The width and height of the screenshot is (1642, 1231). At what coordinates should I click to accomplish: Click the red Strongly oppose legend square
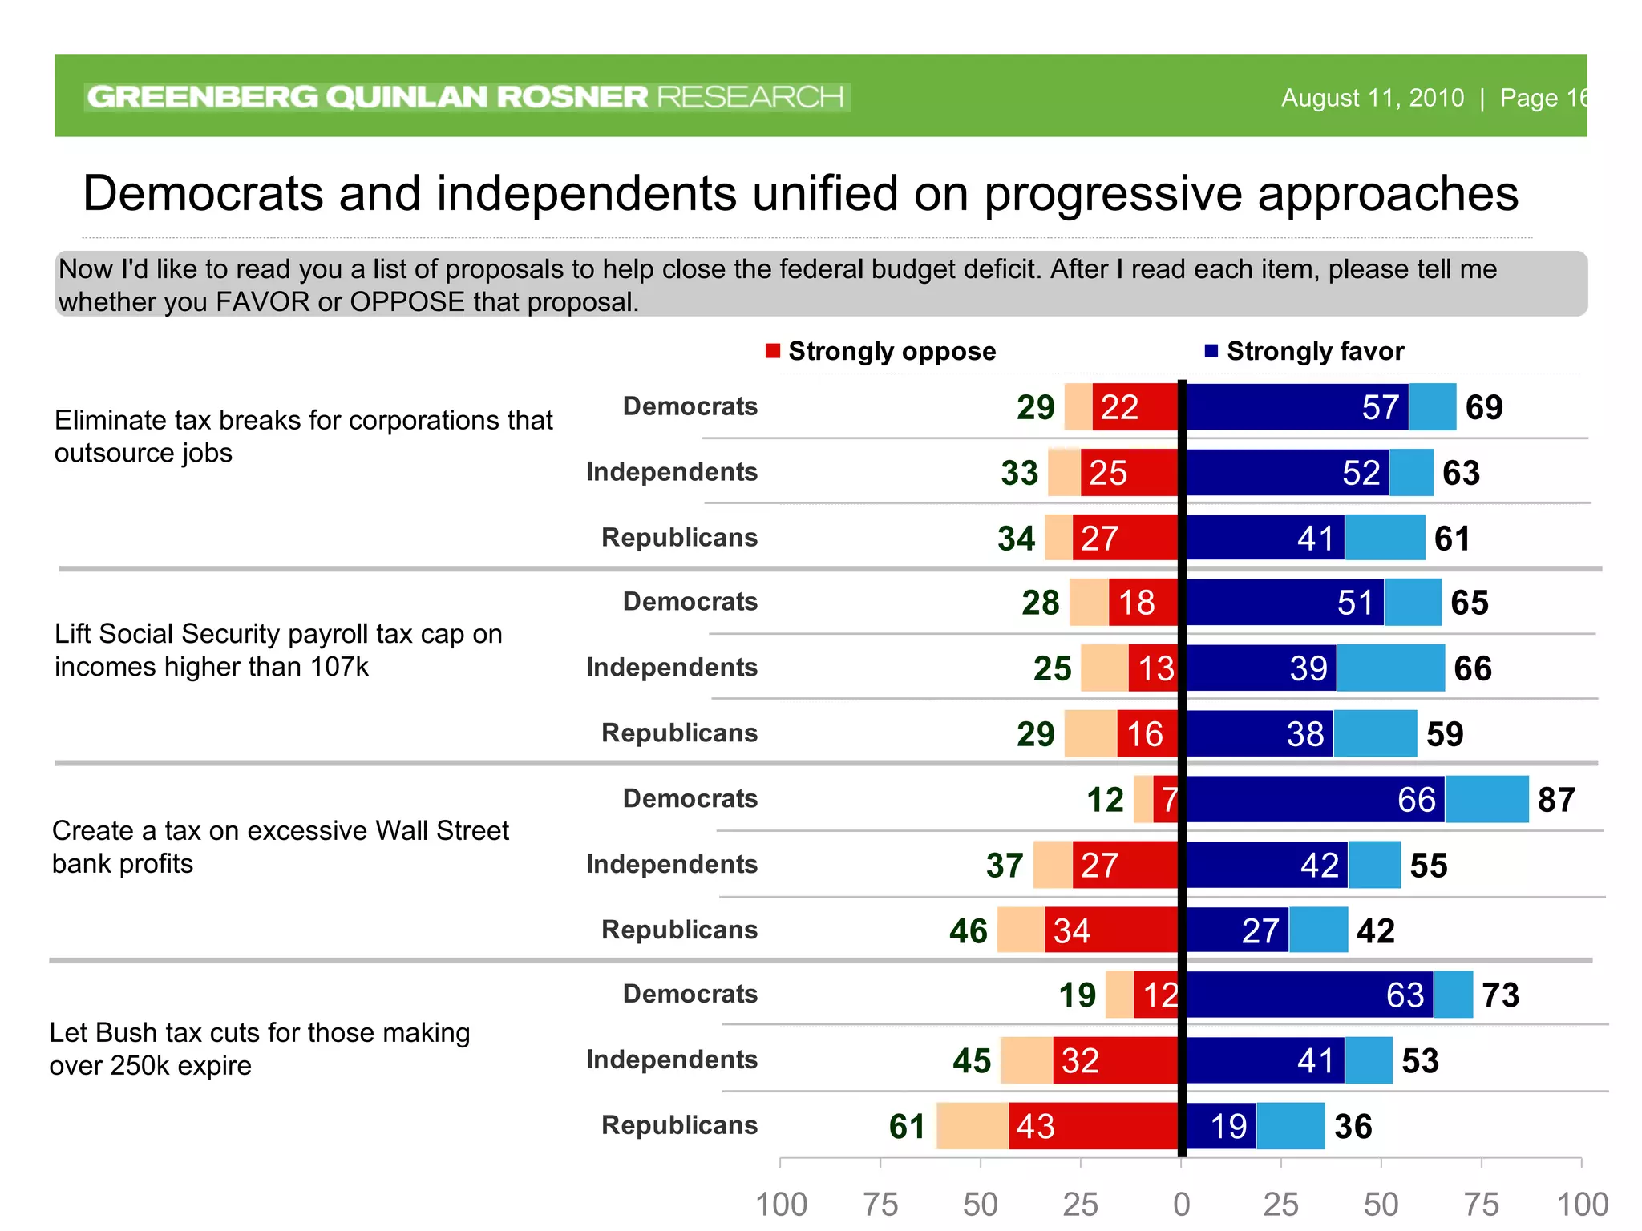coord(773,351)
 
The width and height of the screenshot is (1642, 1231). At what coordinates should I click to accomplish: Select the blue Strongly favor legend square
coord(1211,351)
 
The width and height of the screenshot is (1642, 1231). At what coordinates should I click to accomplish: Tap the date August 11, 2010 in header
coord(1372,98)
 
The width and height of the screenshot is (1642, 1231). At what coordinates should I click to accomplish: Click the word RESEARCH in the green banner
coord(750,97)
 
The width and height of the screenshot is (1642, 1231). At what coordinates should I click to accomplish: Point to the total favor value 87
coord(1556,800)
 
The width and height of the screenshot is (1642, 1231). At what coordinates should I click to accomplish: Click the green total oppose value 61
coord(907,1127)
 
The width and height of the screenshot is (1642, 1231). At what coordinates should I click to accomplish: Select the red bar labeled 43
coord(1092,1126)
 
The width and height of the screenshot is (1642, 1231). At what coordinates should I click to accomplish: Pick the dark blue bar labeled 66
coord(1315,799)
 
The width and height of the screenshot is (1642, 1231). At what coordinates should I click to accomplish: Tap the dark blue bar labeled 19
coord(1220,1126)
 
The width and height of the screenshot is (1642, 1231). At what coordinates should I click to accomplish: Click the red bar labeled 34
coord(1111,930)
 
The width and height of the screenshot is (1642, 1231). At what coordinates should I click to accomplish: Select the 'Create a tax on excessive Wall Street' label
coord(280,831)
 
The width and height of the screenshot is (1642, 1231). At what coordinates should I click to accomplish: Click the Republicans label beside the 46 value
coord(679,930)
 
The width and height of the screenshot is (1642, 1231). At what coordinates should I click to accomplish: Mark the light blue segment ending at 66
coord(1390,668)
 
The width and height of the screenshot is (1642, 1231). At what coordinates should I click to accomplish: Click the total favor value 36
coord(1353,1127)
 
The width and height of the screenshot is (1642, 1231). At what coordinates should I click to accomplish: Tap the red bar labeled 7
coord(1167,799)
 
